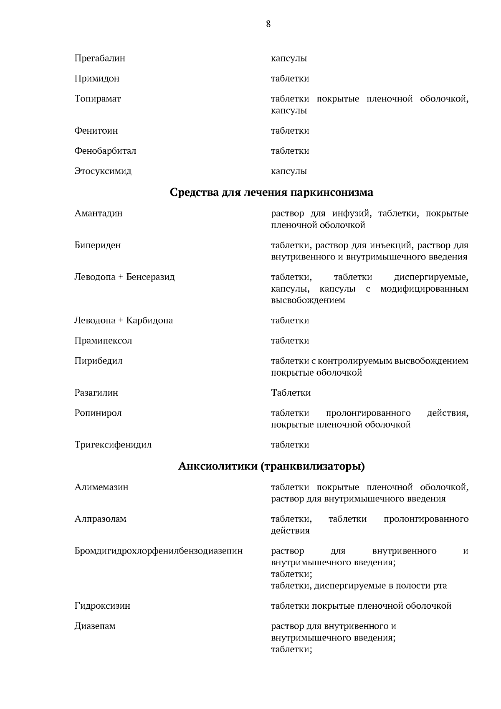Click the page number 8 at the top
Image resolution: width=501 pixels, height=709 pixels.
(x=268, y=24)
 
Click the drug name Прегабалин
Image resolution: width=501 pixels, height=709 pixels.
(x=99, y=58)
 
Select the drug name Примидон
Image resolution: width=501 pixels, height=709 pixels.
(x=96, y=79)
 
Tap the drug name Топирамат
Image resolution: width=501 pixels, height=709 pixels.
(x=97, y=99)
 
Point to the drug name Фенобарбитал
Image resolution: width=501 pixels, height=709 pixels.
(x=105, y=151)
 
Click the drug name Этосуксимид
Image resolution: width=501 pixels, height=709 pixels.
(x=103, y=171)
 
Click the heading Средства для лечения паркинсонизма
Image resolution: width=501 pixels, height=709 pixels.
(x=271, y=193)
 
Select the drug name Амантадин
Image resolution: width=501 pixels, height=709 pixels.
(x=98, y=213)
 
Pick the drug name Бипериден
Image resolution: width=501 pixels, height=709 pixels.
(x=97, y=245)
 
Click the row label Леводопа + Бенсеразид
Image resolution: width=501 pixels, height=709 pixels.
(x=124, y=277)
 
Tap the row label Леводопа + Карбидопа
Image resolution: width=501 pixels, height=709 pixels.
(x=123, y=320)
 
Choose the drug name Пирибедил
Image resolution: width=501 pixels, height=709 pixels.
(x=98, y=361)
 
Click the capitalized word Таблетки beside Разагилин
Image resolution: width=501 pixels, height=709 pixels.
(x=291, y=393)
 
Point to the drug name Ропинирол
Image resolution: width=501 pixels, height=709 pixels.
(x=98, y=413)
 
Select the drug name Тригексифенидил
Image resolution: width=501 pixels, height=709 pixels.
(x=113, y=445)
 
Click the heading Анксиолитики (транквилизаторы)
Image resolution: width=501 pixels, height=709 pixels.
(x=271, y=466)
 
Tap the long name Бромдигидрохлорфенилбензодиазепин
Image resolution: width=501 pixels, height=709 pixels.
(x=158, y=551)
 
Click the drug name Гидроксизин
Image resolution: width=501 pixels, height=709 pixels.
(x=102, y=606)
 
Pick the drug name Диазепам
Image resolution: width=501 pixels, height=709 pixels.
(x=95, y=626)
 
